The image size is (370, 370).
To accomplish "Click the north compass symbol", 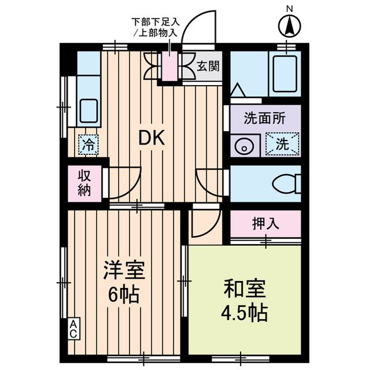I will [288, 24].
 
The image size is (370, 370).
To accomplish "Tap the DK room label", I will [151, 138].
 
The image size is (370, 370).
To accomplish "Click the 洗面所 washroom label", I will [265, 118].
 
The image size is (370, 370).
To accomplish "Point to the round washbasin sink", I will [243, 146].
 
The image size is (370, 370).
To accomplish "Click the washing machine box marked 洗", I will [282, 145].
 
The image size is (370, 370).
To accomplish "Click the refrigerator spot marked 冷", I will [88, 145].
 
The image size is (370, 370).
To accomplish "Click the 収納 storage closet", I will [84, 184].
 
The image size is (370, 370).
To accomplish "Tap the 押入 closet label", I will [266, 224].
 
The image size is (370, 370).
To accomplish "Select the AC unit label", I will [74, 330].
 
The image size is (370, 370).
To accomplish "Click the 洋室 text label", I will [124, 270].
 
